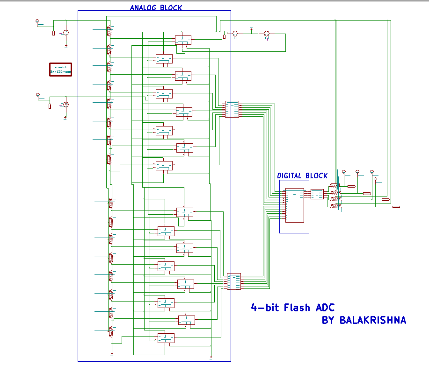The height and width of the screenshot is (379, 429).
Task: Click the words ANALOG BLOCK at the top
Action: coord(156,7)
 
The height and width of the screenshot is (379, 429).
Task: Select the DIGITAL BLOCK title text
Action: coord(302,176)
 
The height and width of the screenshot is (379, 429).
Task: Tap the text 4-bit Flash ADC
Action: coord(292,308)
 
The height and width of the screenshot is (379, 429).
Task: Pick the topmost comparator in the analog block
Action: coord(183,40)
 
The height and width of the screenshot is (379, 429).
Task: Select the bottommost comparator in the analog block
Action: coord(166,338)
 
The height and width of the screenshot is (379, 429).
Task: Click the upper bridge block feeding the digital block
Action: coord(232,109)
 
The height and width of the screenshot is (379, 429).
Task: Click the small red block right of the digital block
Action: coord(317,194)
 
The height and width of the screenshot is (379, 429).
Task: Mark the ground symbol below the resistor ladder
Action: coord(112,354)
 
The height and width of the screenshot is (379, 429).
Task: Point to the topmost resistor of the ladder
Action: coord(109,30)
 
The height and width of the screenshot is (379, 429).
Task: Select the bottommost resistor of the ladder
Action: coord(111,332)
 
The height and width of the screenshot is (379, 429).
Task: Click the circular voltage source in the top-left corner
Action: coord(66,32)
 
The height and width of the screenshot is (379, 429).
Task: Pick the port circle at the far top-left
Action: coord(37,21)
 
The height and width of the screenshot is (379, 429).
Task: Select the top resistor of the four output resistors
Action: coord(335,186)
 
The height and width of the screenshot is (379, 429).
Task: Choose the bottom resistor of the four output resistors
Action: coord(335,206)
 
